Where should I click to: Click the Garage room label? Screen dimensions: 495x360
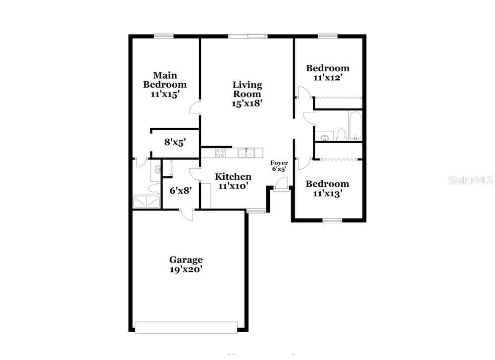pos(186,260)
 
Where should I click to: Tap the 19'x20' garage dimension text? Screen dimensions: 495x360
pos(186,269)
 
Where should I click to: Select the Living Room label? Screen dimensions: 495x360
pos(247,89)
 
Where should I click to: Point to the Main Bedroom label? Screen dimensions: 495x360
pos(165,80)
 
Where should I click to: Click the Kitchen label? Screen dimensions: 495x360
pos(233,176)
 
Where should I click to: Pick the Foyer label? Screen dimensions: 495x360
pos(279,163)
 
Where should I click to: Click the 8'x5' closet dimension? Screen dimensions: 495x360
pos(175,142)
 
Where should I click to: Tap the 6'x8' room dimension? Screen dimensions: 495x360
pos(181,191)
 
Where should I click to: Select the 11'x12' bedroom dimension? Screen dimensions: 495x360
pos(328,77)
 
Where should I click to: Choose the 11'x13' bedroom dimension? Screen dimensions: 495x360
pos(328,193)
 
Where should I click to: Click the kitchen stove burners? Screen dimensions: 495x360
pos(220,153)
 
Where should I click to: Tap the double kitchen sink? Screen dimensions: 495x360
pos(246,153)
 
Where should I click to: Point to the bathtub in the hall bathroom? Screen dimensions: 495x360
pos(355,126)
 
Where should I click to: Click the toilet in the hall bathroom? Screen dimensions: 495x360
pos(341,135)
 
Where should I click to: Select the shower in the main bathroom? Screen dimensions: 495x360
pos(146,202)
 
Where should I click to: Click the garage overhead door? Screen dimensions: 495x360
pos(186,327)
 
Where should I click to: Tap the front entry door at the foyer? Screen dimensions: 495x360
pos(281,184)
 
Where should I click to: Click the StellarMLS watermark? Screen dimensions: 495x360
pos(471,180)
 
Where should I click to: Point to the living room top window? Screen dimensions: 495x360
pos(248,36)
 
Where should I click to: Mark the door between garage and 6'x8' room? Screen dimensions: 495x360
pos(187,214)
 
